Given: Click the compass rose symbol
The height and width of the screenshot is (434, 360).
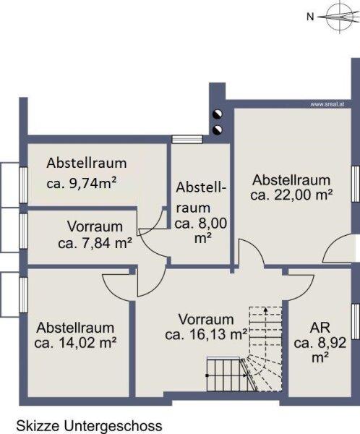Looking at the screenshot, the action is [x=338, y=17].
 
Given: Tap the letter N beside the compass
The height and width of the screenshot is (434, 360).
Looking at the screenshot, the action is [x=310, y=17].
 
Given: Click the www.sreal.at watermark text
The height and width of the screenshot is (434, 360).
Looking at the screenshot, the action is [x=327, y=105].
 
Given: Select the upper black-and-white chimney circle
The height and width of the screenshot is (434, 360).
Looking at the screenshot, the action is [x=217, y=114].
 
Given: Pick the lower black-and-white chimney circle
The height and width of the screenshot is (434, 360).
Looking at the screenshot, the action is [x=217, y=129].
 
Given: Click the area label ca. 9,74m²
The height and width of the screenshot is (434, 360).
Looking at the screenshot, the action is [x=81, y=183].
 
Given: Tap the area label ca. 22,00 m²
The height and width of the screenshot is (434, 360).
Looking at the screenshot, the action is [x=291, y=195].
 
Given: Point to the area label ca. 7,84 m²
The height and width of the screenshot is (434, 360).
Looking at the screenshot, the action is [x=95, y=243].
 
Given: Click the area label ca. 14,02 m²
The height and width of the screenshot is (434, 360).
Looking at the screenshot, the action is [x=75, y=343].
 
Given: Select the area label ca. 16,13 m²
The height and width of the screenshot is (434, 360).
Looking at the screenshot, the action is [x=206, y=335].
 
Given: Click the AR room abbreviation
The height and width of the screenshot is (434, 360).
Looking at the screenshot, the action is [x=320, y=328].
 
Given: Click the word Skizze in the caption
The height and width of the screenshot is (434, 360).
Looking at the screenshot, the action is [x=38, y=426].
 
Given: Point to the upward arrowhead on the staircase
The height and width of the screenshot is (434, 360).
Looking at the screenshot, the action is [x=265, y=310].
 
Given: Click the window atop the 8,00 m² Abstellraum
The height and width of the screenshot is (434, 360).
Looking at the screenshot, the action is [x=187, y=139].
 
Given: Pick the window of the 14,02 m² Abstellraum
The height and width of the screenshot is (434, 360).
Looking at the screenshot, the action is [x=24, y=295].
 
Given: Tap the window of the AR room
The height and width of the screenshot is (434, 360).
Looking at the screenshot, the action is [x=355, y=321].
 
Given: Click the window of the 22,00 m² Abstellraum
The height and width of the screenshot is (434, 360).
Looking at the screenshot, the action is [x=355, y=184].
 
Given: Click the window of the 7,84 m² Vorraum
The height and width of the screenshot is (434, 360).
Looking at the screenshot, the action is [x=24, y=231].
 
